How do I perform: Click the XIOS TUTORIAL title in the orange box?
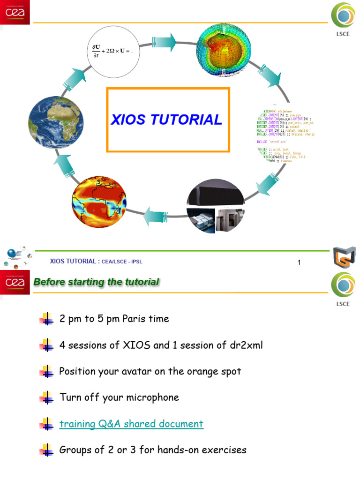[x=166, y=120]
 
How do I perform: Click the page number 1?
[x=299, y=262]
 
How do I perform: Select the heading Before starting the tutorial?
[x=96, y=282]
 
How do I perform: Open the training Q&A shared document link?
[x=131, y=424]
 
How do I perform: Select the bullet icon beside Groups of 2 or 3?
[x=46, y=451]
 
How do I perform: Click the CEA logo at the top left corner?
[x=15, y=12]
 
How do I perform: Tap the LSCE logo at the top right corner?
[x=343, y=21]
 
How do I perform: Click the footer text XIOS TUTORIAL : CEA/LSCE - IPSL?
[x=96, y=261]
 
